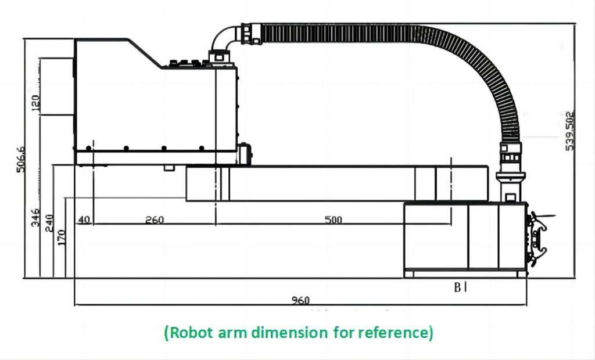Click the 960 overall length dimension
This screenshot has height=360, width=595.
point(301,300)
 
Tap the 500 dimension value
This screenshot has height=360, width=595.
point(333,220)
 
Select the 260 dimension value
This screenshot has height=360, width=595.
point(155,220)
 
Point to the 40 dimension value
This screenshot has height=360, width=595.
point(84,220)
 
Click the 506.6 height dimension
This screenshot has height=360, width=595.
point(22,159)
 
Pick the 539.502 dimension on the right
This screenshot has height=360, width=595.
point(570,131)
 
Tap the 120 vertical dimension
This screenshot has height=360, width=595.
point(35,103)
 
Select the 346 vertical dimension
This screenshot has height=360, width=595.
point(35,216)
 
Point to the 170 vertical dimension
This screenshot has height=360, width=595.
point(62,237)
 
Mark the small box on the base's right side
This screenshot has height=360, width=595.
point(245,154)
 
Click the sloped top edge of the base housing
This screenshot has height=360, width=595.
point(146,53)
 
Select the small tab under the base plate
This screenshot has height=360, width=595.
point(169,168)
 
